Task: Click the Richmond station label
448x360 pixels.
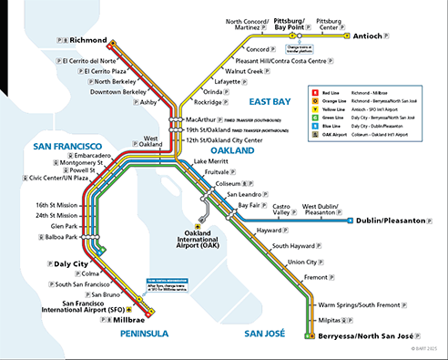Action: [x=87, y=40]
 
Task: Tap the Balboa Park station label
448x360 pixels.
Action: [x=67, y=237]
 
